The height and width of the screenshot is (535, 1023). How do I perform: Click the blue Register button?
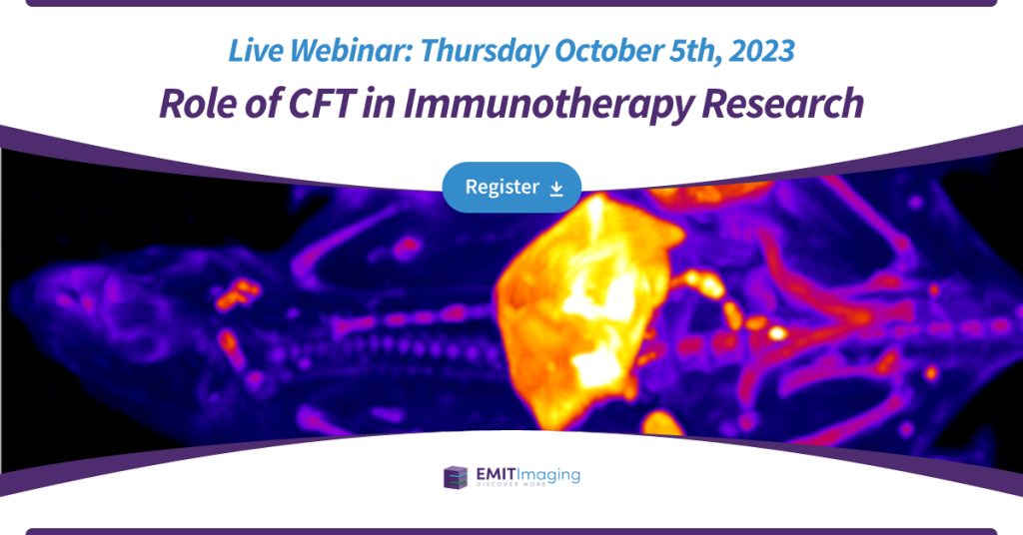coord(511,187)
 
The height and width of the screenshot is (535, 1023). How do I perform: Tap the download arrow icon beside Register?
coord(556,189)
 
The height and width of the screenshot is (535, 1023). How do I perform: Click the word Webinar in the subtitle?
coord(351,51)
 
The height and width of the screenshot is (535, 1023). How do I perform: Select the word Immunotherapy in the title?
coord(548,104)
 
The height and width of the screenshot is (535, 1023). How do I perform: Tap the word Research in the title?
coord(783,103)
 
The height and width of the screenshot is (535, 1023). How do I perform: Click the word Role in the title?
coord(198,103)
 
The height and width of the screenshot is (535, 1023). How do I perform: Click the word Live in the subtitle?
coord(255,51)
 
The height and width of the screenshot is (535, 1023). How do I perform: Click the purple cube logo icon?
coord(456,477)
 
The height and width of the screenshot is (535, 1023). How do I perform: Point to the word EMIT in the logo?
coord(496,474)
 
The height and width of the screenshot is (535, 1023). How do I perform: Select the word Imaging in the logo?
coord(548,476)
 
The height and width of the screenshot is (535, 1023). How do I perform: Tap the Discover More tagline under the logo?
coord(511,485)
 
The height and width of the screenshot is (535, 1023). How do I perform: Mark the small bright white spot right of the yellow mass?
coord(776,333)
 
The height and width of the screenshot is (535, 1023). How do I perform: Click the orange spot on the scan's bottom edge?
coord(662,422)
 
